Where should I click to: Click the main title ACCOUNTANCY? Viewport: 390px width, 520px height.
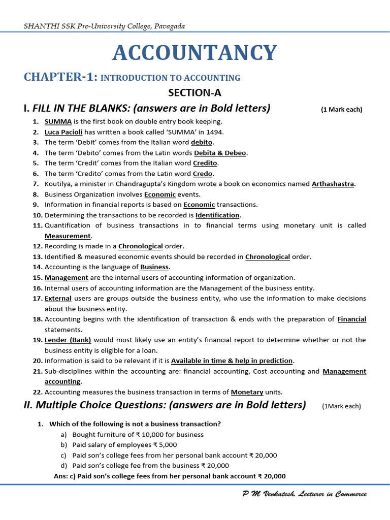click(194, 53)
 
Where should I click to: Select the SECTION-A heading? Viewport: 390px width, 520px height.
click(195, 92)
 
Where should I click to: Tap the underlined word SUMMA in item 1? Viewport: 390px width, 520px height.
click(58, 121)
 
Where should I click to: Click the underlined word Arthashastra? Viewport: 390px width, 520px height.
click(333, 184)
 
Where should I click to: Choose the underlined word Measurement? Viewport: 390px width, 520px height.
click(68, 236)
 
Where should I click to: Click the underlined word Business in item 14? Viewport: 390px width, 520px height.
click(155, 267)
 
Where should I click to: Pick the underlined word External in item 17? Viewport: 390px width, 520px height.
click(58, 299)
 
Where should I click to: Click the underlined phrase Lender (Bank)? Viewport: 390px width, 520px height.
click(64, 340)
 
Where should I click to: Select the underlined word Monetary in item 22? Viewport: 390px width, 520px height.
click(247, 392)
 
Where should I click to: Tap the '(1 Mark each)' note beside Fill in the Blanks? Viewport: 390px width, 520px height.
click(341, 109)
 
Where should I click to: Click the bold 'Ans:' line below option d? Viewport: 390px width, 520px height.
click(170, 476)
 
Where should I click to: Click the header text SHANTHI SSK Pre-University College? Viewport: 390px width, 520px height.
click(104, 25)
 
